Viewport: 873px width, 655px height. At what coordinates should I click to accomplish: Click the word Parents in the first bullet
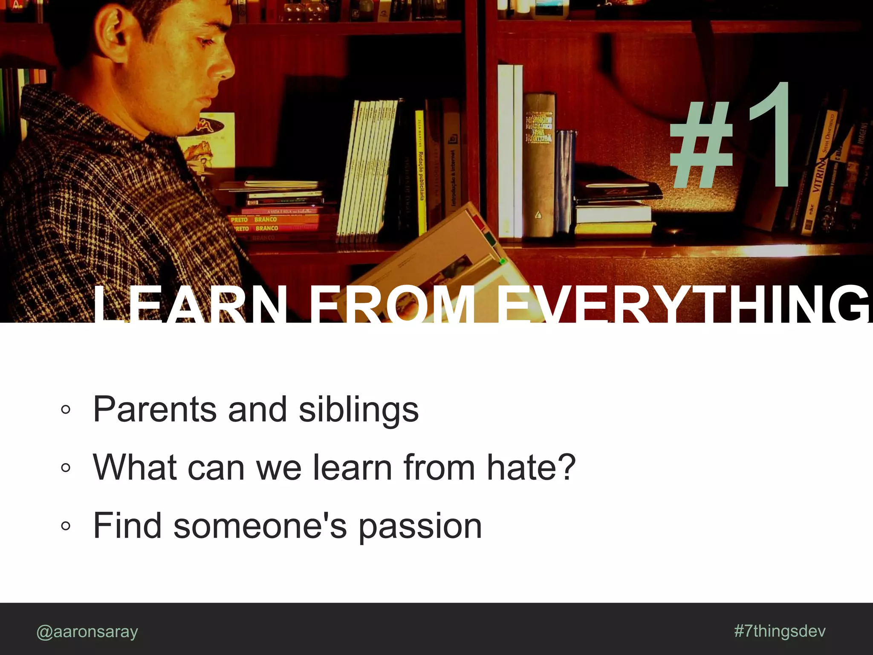point(155,409)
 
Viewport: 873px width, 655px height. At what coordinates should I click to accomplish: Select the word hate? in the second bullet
point(531,467)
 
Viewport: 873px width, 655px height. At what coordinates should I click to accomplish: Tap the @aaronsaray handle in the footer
point(87,631)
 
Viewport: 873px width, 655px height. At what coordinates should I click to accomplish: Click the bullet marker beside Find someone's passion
point(65,526)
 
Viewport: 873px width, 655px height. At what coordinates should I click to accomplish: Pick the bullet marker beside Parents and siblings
point(65,409)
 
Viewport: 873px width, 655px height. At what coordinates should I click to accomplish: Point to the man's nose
point(225,68)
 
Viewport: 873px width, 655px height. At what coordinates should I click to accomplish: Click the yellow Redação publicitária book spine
point(420,171)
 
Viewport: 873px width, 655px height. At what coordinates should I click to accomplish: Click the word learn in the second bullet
point(353,467)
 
